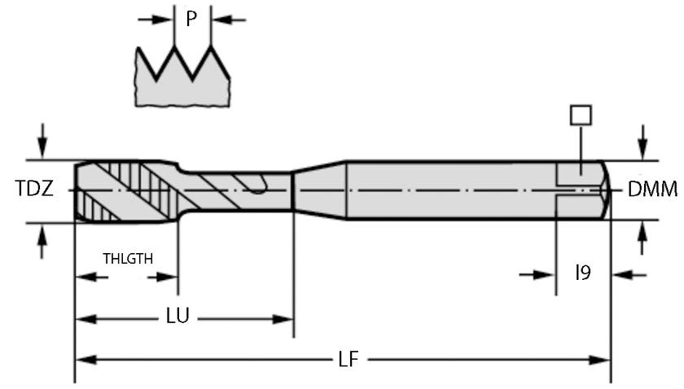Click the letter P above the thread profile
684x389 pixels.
pyautogui.click(x=191, y=18)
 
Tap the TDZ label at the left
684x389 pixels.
pyautogui.click(x=35, y=190)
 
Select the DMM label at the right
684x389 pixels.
pyautogui.click(x=653, y=190)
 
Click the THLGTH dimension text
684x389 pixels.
pyautogui.click(x=128, y=258)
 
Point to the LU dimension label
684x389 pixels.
pyautogui.click(x=178, y=317)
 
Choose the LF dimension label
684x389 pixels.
pyautogui.click(x=349, y=359)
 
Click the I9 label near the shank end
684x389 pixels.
pyautogui.click(x=583, y=273)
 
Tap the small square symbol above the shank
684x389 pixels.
pyautogui.click(x=581, y=115)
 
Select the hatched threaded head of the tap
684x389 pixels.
pyautogui.click(x=122, y=190)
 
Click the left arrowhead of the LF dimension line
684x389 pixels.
pyautogui.click(x=85, y=359)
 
